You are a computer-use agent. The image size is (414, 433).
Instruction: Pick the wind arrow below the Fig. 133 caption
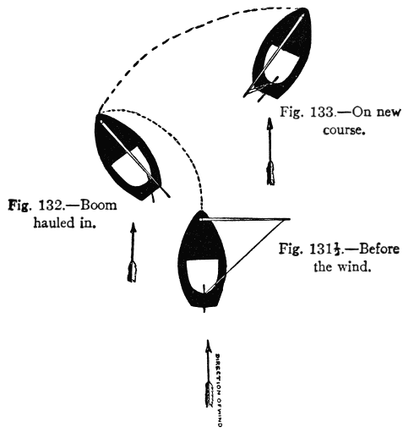pos(270,152)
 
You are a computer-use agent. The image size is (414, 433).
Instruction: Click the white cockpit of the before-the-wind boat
pos(203,276)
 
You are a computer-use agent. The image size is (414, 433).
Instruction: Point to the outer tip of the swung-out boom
pos(279,218)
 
